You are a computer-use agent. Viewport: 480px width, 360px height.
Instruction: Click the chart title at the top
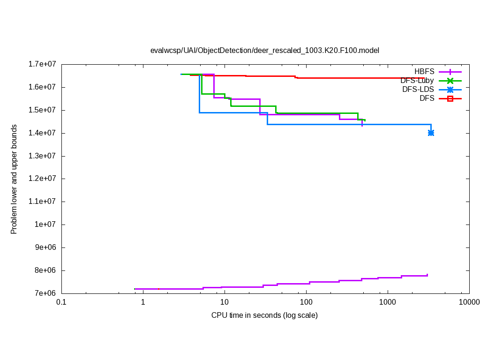click(x=264, y=50)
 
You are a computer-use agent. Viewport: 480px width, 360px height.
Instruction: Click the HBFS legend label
click(x=424, y=72)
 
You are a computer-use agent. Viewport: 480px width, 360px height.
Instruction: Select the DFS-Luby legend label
click(x=417, y=81)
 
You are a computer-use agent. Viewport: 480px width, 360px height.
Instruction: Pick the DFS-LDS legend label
click(x=418, y=90)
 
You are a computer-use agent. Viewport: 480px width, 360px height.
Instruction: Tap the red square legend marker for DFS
click(x=450, y=98)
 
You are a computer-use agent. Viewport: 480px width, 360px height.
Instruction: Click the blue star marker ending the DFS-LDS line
click(x=431, y=133)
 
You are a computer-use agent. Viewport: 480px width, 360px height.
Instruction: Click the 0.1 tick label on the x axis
click(x=61, y=303)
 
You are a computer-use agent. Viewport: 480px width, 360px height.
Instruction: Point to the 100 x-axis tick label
click(x=306, y=303)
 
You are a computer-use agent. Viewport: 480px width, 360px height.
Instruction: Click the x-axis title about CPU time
click(x=264, y=315)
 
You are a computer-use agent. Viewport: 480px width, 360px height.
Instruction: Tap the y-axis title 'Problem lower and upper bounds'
click(x=14, y=179)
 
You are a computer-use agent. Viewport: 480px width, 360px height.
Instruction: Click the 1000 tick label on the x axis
click(x=388, y=303)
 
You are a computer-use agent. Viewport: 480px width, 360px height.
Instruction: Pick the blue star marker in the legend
click(x=450, y=90)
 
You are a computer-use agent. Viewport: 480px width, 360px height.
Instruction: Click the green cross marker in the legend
click(x=450, y=81)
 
